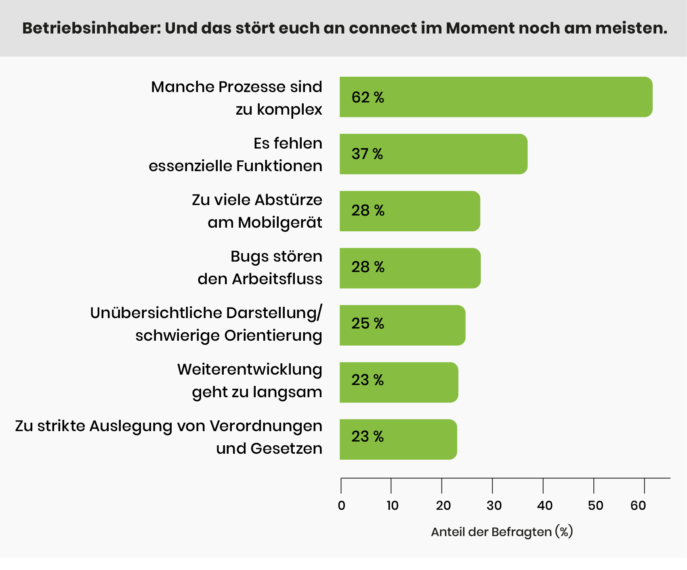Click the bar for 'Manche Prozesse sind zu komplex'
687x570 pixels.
tap(496, 97)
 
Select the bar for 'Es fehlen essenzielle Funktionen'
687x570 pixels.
tap(433, 154)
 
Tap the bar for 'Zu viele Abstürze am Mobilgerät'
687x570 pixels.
tap(410, 211)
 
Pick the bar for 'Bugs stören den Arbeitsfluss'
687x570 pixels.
tap(410, 268)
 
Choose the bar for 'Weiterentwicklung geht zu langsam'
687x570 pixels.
tap(399, 382)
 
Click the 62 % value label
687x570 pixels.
tap(368, 97)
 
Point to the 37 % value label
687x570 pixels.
tap(367, 154)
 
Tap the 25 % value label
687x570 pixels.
tap(368, 323)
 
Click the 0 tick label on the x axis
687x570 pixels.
tap(342, 505)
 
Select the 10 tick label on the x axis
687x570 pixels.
tap(392, 505)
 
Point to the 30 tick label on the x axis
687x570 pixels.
tap(494, 505)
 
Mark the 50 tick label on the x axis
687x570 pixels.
tap(595, 505)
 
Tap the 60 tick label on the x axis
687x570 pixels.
tap(638, 505)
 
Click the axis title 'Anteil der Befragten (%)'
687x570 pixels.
tap(502, 532)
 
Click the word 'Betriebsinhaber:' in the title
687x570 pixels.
tap(91, 28)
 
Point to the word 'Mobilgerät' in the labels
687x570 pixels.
tap(280, 222)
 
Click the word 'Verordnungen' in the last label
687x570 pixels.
tap(266, 426)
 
